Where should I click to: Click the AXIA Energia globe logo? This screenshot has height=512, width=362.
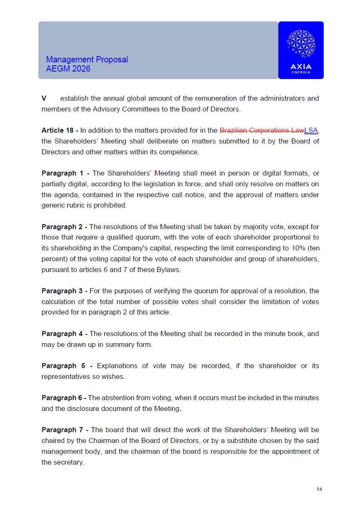pyautogui.click(x=300, y=44)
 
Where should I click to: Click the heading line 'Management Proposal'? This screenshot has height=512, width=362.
pyautogui.click(x=87, y=59)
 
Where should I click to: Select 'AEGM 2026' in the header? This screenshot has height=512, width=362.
pyautogui.click(x=68, y=69)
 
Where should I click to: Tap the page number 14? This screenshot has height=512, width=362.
pyautogui.click(x=319, y=489)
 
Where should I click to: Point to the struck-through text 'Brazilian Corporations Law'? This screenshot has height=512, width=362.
pyautogui.click(x=261, y=130)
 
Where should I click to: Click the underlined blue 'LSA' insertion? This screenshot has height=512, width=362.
pyautogui.click(x=311, y=130)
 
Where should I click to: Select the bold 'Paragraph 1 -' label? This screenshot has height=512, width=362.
pyautogui.click(x=66, y=173)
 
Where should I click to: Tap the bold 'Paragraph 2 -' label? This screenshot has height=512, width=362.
pyautogui.click(x=64, y=227)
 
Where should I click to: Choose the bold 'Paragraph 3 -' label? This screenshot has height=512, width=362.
pyautogui.click(x=64, y=291)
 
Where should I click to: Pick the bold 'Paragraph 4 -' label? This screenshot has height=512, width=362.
pyautogui.click(x=64, y=334)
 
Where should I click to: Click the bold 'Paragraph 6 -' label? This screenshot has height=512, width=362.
pyautogui.click(x=64, y=398)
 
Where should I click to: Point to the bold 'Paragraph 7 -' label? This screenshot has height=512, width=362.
pyautogui.click(x=65, y=430)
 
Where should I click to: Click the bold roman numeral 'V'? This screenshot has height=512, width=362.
pyautogui.click(x=44, y=98)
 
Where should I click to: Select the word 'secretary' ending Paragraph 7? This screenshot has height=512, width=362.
pyautogui.click(x=69, y=462)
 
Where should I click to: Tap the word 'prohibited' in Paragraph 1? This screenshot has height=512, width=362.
pyautogui.click(x=111, y=205)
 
